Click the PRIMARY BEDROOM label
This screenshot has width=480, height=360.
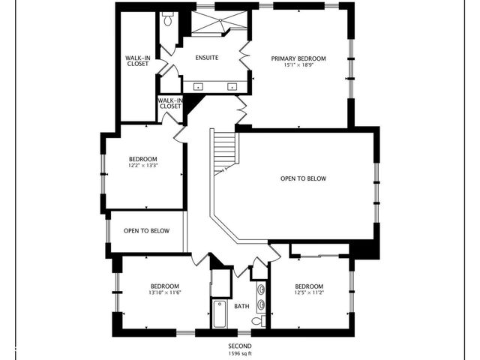pyautogui.click(x=298, y=58)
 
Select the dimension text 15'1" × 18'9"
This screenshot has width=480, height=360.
pyautogui.click(x=298, y=66)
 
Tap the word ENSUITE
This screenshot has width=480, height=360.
pyautogui.click(x=208, y=58)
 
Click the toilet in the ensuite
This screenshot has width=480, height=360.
pyautogui.click(x=167, y=20)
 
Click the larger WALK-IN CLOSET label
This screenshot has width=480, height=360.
pyautogui.click(x=137, y=61)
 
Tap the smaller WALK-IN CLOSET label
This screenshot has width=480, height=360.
pyautogui.click(x=170, y=103)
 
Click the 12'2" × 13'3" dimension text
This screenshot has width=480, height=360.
pyautogui.click(x=142, y=166)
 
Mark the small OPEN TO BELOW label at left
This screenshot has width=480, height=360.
pyautogui.click(x=145, y=230)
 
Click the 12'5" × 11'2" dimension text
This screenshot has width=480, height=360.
pyautogui.click(x=308, y=293)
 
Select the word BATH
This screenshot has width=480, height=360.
pyautogui.click(x=241, y=306)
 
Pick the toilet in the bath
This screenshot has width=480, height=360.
pyautogui.click(x=257, y=320)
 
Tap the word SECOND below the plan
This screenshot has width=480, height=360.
pyautogui.click(x=240, y=346)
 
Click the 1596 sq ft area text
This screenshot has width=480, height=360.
pyautogui.click(x=240, y=353)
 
